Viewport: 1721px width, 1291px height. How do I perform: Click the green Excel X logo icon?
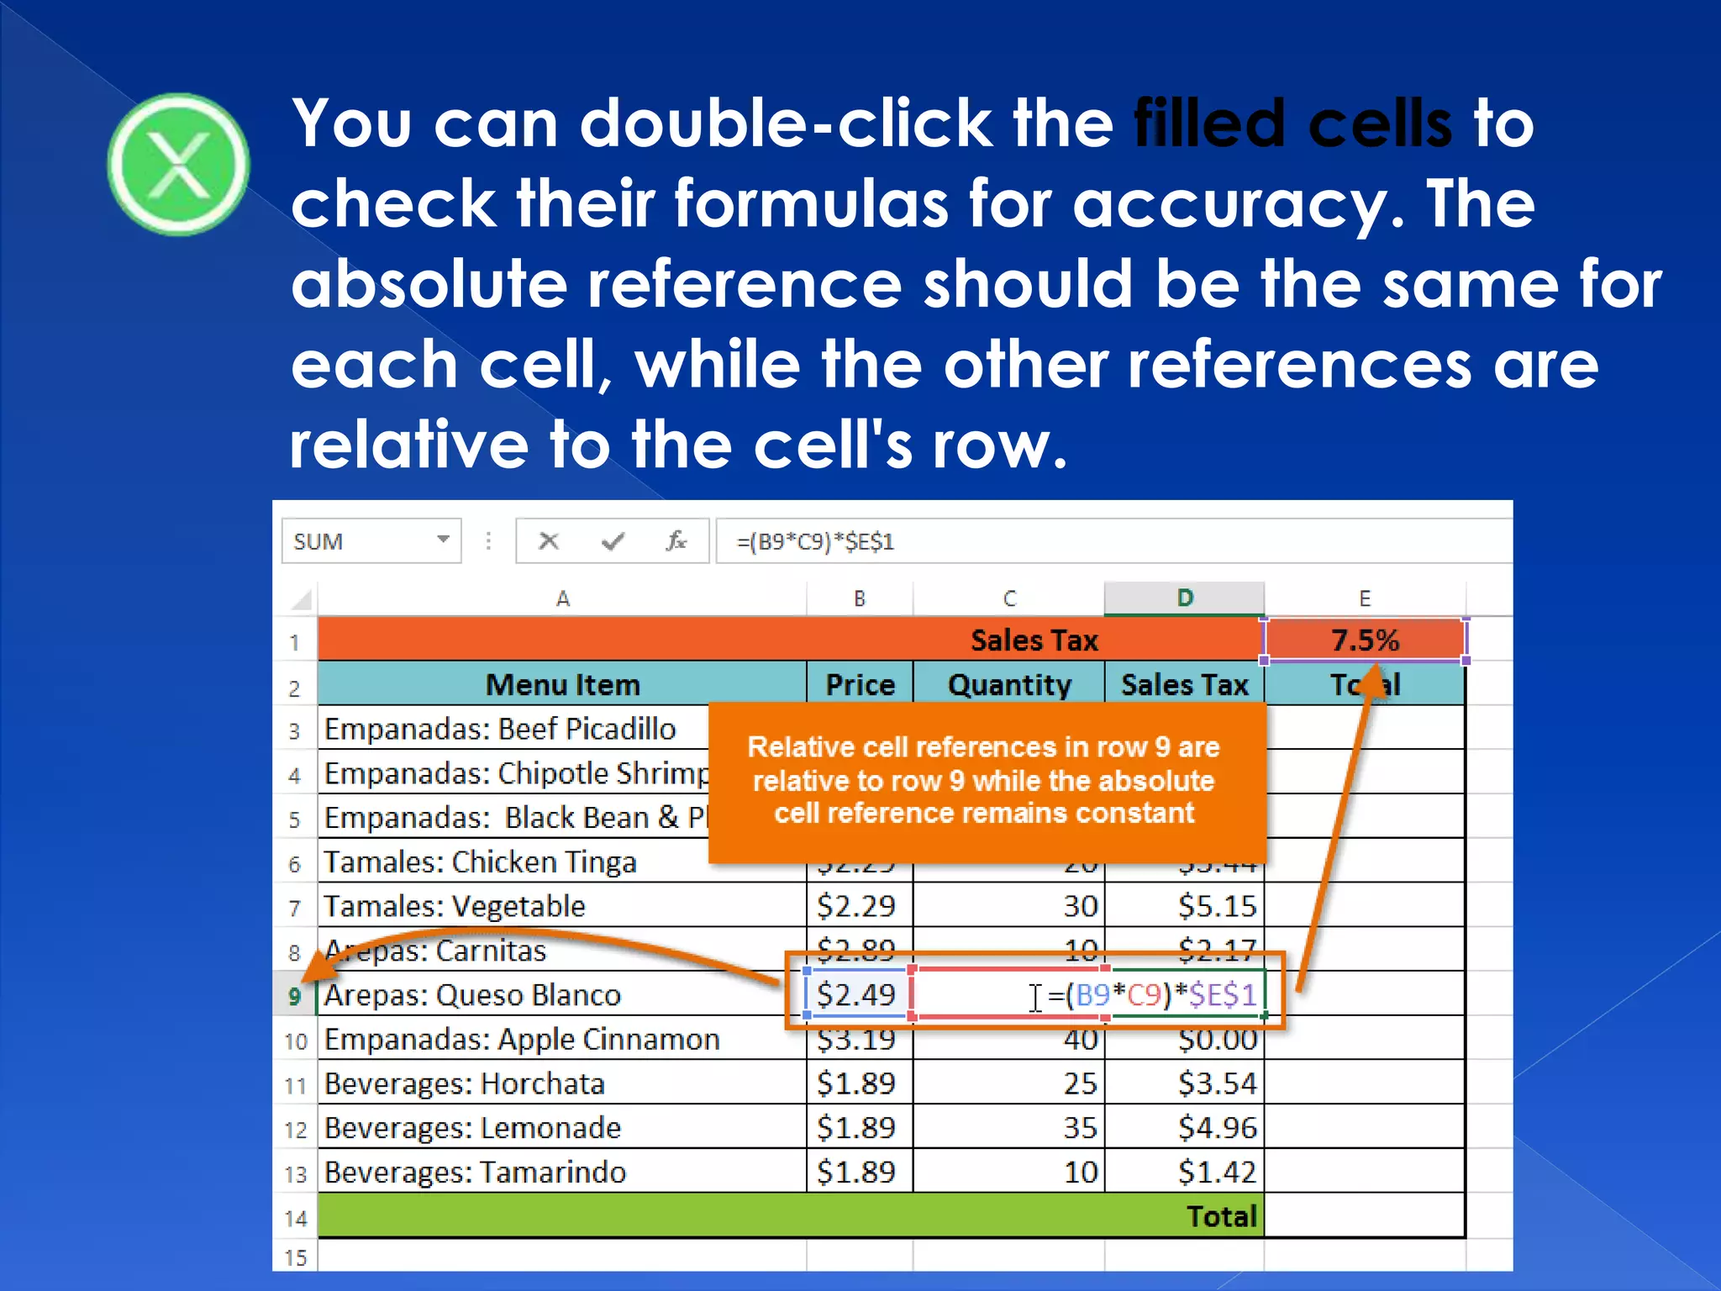point(178,165)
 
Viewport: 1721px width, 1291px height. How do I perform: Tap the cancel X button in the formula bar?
point(549,541)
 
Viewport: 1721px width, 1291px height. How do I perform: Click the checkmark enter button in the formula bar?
point(613,541)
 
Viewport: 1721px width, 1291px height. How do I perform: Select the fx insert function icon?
point(676,541)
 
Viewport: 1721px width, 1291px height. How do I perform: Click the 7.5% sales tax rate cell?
point(1365,640)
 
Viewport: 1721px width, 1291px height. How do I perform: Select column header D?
point(1184,598)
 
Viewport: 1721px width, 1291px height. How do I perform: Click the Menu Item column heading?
point(562,685)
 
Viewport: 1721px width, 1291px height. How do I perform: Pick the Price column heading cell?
point(860,685)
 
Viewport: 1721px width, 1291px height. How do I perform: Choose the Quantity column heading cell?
point(1009,685)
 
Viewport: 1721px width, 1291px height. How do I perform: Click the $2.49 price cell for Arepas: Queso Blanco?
point(856,995)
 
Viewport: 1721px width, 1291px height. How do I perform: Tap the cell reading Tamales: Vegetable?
point(455,906)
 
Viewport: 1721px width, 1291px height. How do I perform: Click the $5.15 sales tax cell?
point(1216,906)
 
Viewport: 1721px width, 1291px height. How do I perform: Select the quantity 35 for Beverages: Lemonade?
point(1080,1128)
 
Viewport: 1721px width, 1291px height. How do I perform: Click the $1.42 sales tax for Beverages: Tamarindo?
point(1216,1172)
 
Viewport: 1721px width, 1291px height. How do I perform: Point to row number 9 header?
point(295,996)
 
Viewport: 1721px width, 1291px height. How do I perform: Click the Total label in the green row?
point(1221,1216)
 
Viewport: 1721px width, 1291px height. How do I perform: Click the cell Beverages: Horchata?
point(465,1084)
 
